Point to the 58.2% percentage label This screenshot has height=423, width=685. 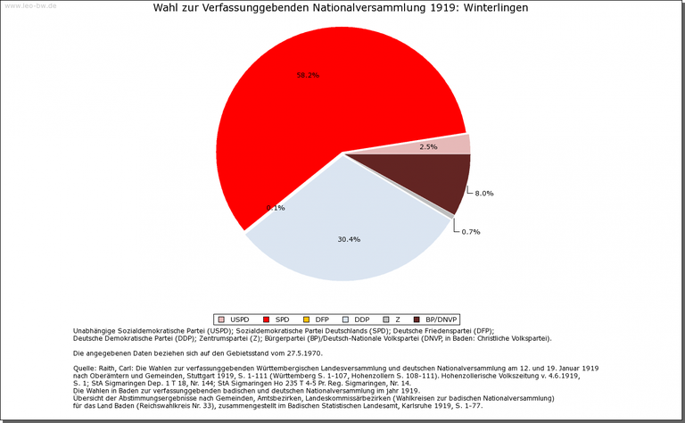[308, 76]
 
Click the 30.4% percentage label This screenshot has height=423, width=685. [349, 239]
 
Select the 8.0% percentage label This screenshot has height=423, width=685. [484, 194]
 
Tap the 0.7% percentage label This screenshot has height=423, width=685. [471, 232]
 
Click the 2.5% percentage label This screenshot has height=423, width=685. [427, 146]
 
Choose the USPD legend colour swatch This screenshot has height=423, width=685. [220, 319]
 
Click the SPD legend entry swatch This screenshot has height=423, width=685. [267, 319]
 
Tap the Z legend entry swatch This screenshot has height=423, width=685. [385, 319]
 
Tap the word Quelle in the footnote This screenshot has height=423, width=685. [86, 368]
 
